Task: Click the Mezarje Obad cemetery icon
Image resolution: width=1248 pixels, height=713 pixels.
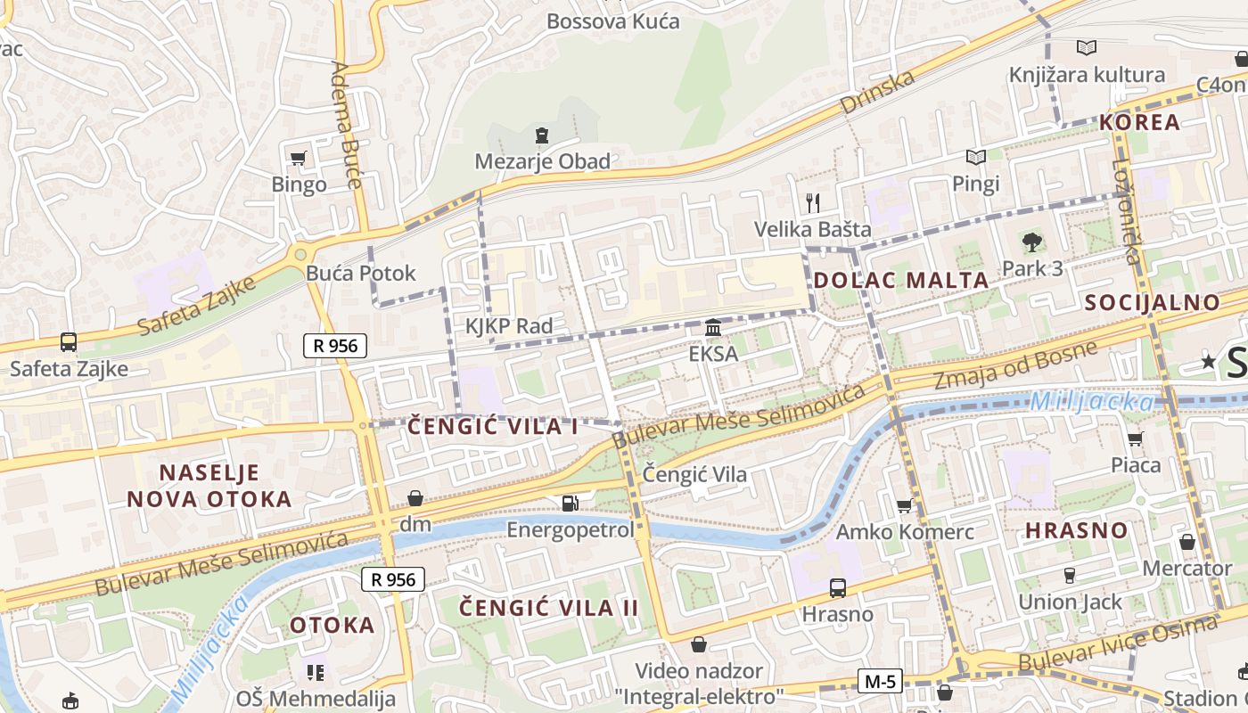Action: pos(541,136)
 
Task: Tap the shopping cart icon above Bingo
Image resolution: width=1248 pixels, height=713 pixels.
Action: pos(299,159)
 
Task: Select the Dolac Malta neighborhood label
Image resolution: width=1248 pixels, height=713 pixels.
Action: pos(901,280)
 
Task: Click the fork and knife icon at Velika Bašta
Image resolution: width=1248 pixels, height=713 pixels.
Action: pos(812,203)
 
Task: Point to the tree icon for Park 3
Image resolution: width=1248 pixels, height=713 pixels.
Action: pos(1032,242)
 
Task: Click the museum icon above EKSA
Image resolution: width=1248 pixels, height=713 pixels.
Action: pos(713,328)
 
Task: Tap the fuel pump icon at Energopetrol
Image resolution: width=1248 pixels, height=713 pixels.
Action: pos(570,504)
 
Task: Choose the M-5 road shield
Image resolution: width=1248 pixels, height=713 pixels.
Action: pos(880,682)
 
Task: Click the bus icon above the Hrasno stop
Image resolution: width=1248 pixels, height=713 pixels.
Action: pos(837,588)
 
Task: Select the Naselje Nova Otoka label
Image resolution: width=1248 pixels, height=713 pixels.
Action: pos(209,486)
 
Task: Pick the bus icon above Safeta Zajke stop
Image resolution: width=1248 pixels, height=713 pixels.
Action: pos(69,341)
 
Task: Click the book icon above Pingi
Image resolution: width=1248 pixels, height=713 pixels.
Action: pos(976,158)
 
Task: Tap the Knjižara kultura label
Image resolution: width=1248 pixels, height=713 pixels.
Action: pos(1087,75)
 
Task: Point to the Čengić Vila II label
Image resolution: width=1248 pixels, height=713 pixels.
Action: pos(548,608)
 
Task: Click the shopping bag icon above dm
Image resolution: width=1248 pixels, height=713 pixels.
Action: pos(415,498)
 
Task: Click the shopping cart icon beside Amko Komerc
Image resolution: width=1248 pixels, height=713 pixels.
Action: pos(905,506)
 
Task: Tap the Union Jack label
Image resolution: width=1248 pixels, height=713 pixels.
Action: pos(1070,602)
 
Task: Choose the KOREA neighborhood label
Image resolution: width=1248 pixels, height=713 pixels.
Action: pos(1139,122)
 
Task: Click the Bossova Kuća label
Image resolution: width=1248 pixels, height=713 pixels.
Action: pos(612,21)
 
